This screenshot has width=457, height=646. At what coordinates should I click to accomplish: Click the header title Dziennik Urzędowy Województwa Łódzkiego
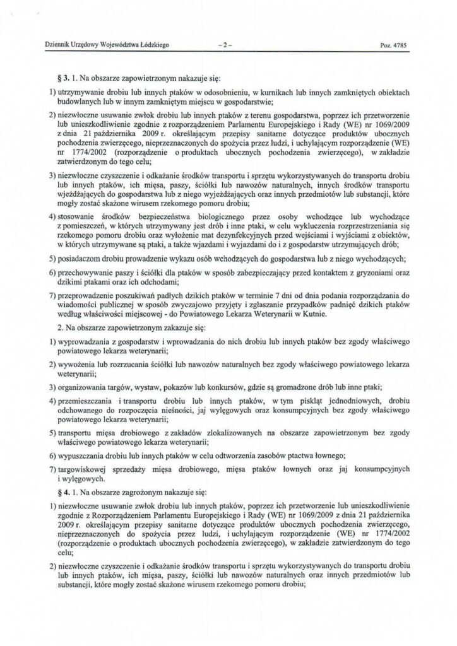pyautogui.click(x=105, y=44)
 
